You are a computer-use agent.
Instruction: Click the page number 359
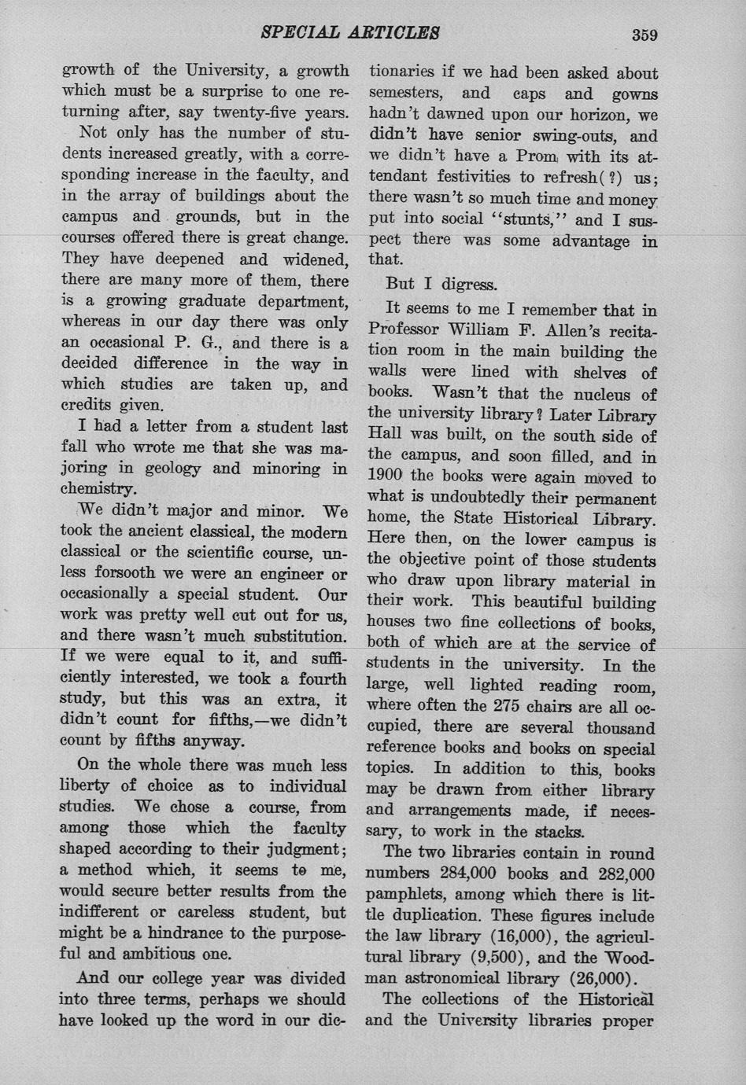643,34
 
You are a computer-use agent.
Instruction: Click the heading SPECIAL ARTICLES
350,32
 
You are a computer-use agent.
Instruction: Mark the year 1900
384,478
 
